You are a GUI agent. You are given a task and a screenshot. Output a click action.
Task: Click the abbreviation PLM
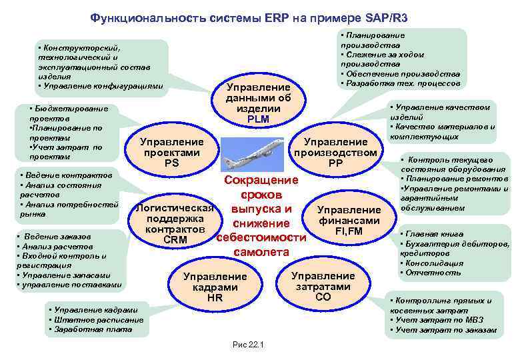coord(257,119)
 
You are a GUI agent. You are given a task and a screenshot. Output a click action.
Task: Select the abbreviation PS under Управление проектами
coord(171,163)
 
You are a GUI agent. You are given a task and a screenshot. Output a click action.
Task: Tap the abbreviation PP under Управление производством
coord(335,163)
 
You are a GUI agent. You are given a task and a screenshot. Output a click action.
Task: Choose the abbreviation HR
coord(215,298)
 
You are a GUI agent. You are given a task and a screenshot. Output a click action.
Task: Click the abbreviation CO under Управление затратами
coord(323,297)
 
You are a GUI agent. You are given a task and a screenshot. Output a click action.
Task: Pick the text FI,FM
coord(349,231)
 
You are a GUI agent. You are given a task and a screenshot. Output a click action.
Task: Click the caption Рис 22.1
coord(248,345)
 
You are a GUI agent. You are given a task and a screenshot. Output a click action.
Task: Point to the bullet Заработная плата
coord(86,329)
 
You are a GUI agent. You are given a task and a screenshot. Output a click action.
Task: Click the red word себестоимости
coord(261,238)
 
